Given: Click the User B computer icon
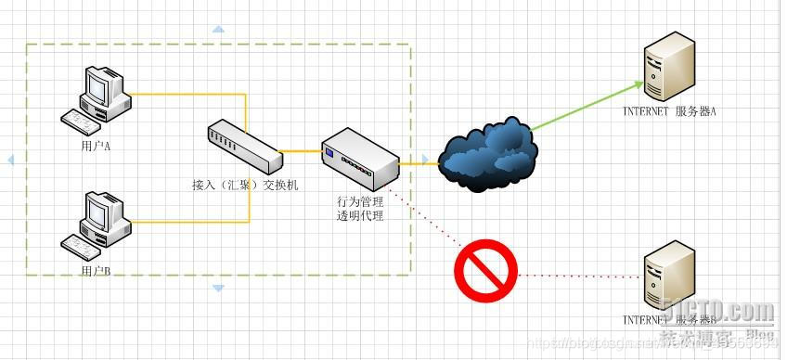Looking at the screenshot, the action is point(97,221).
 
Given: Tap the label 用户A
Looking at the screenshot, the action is point(96,146).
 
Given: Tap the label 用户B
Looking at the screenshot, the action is point(96,270).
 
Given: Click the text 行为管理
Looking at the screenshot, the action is point(359,201).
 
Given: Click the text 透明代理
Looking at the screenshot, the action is point(359,215).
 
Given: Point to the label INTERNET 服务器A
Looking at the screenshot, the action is point(669,112).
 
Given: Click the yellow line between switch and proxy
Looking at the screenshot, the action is point(300,150).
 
